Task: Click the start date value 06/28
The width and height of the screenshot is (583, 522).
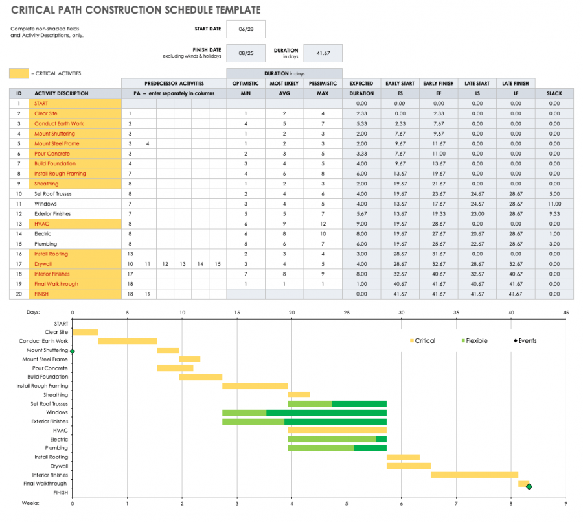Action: coord(247,29)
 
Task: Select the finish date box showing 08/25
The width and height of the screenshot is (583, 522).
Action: coord(247,53)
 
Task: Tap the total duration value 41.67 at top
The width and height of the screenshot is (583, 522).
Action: coord(323,53)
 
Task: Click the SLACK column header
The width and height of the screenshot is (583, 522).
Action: coord(554,93)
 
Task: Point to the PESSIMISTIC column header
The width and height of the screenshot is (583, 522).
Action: coord(323,84)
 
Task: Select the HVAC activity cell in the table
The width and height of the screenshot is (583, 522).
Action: coord(77,224)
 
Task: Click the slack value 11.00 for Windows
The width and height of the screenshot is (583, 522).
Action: coord(554,204)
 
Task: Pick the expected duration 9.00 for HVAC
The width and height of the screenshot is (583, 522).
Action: coord(361,224)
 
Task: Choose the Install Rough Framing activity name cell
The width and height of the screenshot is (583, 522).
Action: coord(77,174)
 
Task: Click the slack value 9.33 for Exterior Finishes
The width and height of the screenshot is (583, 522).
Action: coord(554,214)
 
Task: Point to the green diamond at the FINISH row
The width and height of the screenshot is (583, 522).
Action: coord(529,486)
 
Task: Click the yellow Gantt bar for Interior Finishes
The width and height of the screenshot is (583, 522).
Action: coord(474,475)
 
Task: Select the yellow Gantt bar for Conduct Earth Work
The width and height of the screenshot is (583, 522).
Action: coord(127,341)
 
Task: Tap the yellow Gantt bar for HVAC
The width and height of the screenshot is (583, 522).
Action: coord(337,430)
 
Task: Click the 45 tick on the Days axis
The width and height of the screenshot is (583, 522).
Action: coord(566,312)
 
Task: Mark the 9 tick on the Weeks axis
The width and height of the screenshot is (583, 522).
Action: coord(566,503)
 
